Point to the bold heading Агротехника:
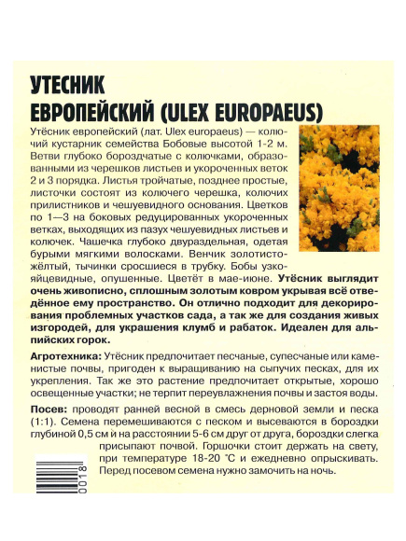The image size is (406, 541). [x=65, y=357]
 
